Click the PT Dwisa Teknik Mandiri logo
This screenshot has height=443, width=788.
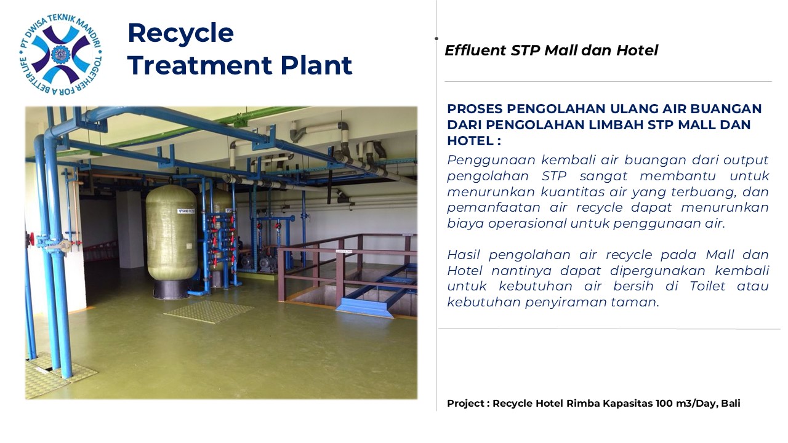click(60, 55)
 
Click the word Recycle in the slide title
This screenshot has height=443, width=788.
click(180, 33)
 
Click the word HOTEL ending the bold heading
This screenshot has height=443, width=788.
click(470, 141)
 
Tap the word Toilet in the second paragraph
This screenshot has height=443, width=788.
click(707, 286)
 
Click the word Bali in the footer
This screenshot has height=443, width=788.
click(731, 403)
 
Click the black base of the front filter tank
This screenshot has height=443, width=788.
click(171, 289)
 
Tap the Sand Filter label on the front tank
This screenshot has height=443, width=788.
click(187, 211)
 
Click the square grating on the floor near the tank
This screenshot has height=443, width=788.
click(209, 311)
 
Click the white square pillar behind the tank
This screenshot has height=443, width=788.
click(130, 228)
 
